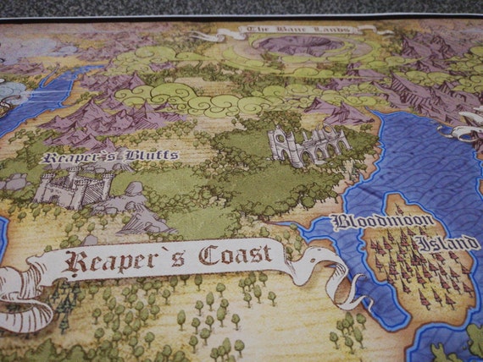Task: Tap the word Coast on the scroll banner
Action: (x=236, y=255)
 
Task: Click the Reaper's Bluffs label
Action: (x=109, y=156)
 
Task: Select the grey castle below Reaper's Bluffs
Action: (x=72, y=185)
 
